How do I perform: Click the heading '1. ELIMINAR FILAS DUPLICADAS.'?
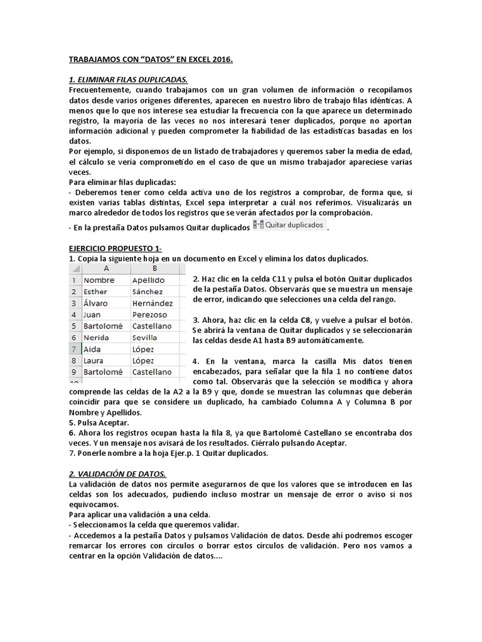pos(128,80)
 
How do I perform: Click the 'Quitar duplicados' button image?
pos(289,224)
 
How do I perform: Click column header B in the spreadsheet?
pos(154,268)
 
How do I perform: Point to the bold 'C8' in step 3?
pos(307,319)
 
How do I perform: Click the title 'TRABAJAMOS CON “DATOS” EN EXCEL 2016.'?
pos(150,60)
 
